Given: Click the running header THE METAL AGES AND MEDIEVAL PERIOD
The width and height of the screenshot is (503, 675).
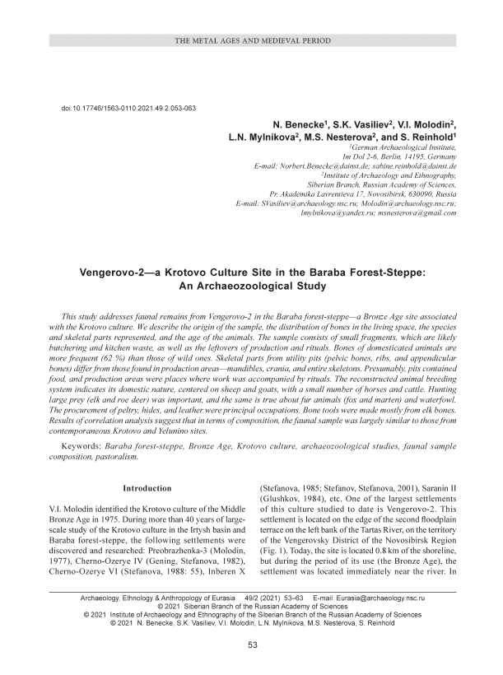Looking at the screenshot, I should click(x=252, y=40).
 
